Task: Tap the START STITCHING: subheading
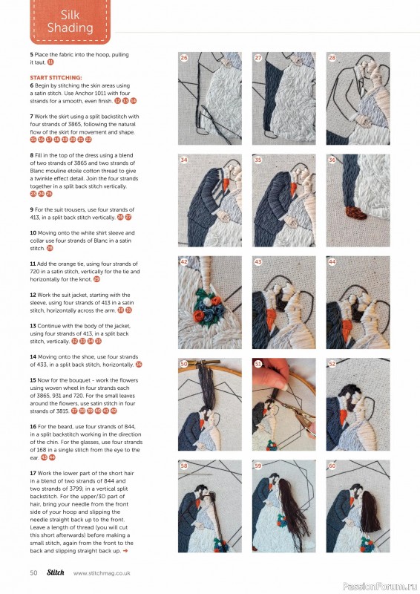56,77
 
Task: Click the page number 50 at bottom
34,572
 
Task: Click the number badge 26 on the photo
184,57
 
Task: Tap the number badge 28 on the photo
332,57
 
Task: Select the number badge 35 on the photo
258,159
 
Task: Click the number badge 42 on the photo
184,262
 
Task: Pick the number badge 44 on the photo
332,262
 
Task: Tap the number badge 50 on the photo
184,364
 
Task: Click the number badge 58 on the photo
184,466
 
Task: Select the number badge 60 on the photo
332,466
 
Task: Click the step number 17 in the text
33,473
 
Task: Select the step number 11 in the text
33,264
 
